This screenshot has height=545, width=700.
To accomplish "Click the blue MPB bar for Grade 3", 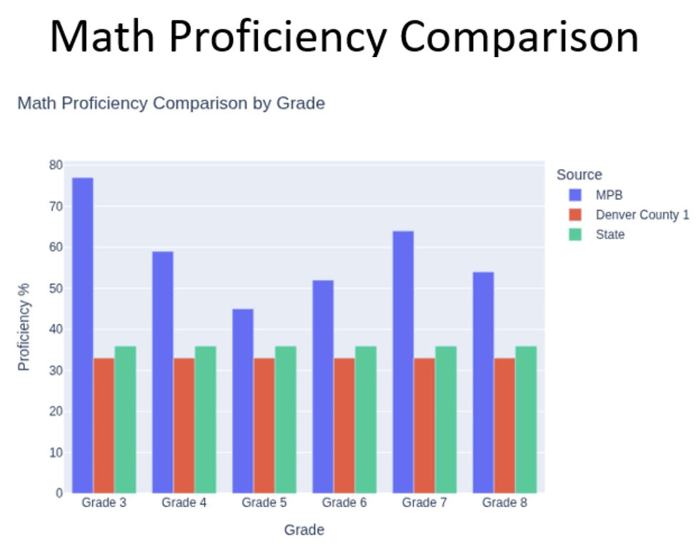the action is [x=83, y=335].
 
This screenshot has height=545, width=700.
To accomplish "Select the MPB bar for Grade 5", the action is [x=243, y=401].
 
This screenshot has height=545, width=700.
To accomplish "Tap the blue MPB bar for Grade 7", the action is [x=403, y=362].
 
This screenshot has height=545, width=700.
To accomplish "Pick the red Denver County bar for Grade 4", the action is [x=184, y=426].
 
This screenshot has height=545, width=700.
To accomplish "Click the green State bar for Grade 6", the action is [x=366, y=419].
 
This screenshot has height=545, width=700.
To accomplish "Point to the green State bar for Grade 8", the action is [x=526, y=419].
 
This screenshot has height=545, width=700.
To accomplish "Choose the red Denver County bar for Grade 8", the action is [x=504, y=426].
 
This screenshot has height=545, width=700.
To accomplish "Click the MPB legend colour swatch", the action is [x=576, y=195].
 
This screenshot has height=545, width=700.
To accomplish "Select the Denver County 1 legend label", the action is [x=642, y=215].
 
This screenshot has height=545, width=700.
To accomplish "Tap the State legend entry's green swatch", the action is [x=576, y=234].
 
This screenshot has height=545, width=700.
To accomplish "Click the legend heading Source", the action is [x=579, y=174].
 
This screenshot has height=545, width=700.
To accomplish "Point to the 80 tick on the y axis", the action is [x=56, y=165].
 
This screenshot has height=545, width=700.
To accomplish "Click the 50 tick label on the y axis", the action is [x=56, y=289].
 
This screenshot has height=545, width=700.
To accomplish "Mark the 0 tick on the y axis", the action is [x=59, y=494].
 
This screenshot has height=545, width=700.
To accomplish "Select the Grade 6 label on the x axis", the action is [x=344, y=503].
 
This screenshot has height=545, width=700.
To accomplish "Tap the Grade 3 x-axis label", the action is [x=104, y=503].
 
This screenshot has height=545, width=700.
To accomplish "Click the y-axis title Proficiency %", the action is [x=24, y=327].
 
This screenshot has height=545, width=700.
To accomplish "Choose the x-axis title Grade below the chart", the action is [x=304, y=530].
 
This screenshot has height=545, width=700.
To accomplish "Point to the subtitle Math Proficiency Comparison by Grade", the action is [x=171, y=103].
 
